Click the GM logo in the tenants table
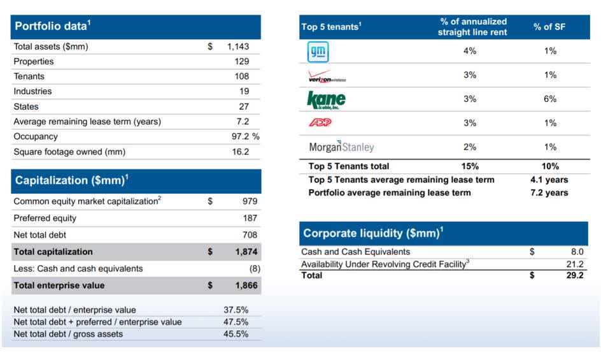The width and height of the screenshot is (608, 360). tap(318, 52)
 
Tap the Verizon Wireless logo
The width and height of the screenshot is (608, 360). tap(327, 76)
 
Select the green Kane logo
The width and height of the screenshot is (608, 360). tap(326, 99)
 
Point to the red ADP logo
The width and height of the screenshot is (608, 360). tap(320, 123)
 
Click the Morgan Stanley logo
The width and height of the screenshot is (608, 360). tap(341, 147)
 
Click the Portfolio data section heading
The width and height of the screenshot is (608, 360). tap(53, 26)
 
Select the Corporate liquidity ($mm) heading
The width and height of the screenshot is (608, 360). tap(373, 233)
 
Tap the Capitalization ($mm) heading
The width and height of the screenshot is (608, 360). tap(70, 180)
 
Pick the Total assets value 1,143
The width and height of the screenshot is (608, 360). tap(238, 47)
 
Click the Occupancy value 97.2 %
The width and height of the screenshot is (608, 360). tap(244, 136)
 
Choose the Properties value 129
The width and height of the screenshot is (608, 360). tap(241, 62)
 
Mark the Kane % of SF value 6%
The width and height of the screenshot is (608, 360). tap(550, 99)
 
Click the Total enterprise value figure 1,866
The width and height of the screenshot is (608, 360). tap(246, 285)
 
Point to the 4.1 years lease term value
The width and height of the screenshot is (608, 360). tap(549, 180)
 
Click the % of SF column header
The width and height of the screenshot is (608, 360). tap(549, 27)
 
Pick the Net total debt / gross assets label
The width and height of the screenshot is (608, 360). tap(68, 334)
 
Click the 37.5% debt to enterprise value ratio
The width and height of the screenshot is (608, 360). tap(236, 310)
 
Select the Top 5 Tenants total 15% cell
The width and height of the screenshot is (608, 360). tap(470, 166)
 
